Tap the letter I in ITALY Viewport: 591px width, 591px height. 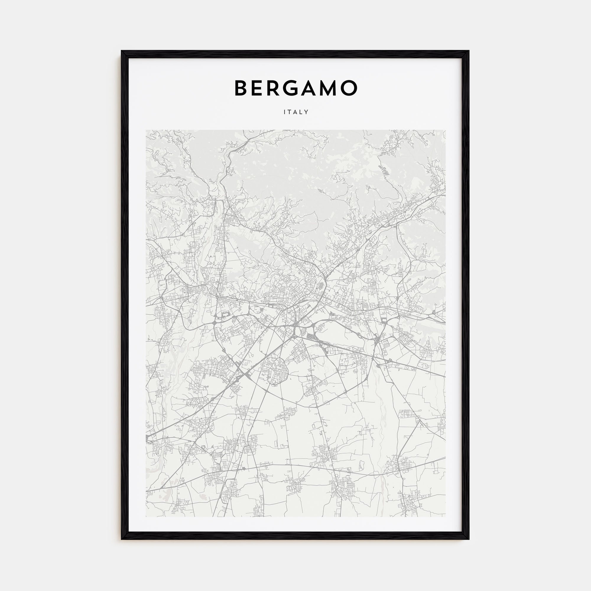point(285,112)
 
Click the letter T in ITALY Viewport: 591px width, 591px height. point(289,112)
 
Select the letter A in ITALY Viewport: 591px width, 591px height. point(295,112)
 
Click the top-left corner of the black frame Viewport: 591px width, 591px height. point(121,51)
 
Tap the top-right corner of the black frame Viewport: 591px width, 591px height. point(469,51)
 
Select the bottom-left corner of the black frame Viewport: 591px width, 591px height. point(121,539)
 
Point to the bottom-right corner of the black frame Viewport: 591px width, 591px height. point(469,539)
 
